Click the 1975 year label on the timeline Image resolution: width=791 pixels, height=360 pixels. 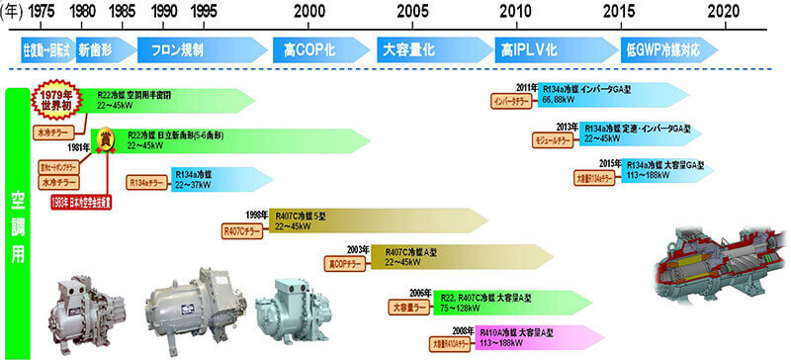(41, 10)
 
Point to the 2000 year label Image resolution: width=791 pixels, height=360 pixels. (308, 10)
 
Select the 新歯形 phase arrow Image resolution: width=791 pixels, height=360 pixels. (98, 48)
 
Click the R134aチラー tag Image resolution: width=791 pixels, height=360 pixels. (147, 182)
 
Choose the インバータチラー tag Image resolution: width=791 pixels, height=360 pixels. (515, 101)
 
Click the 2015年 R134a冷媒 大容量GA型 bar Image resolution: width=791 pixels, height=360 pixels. (633, 171)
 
